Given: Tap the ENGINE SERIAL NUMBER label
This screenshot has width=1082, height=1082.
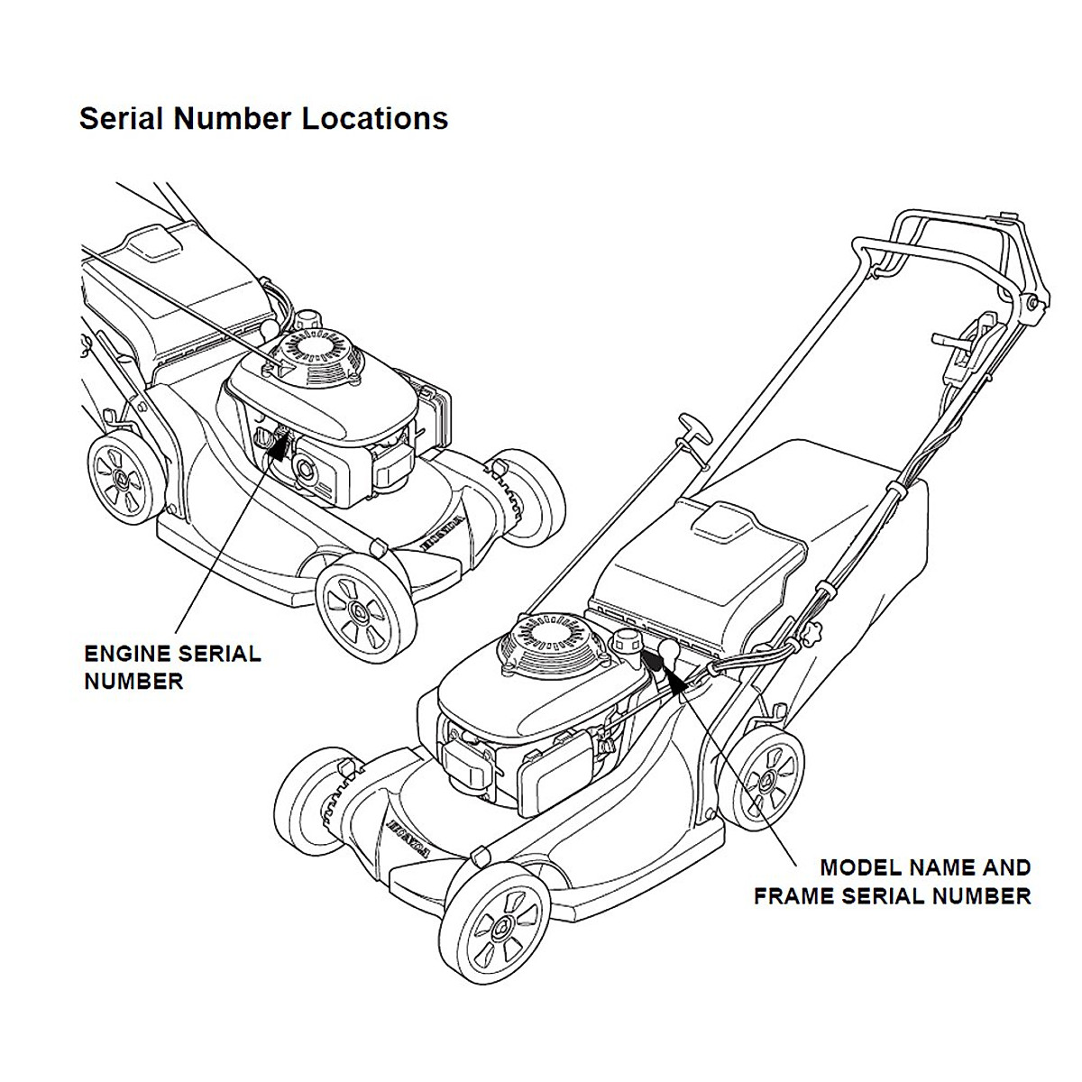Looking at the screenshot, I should [171, 666].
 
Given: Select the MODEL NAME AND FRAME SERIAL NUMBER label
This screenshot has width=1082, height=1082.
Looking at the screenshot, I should [893, 882].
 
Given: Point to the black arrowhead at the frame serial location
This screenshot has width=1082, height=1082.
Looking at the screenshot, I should [677, 680].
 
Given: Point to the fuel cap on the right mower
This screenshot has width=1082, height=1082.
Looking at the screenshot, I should [625, 642].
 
